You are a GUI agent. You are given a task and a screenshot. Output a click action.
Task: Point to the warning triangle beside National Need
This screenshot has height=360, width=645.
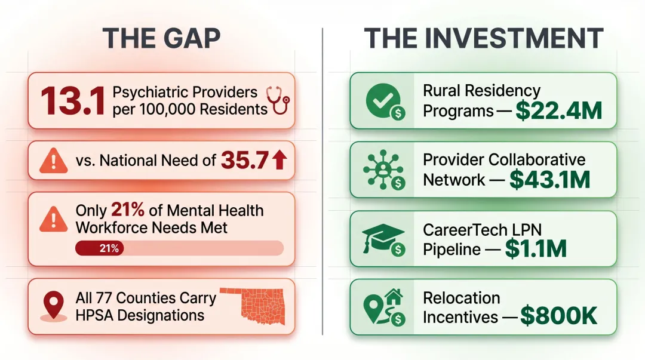[54, 161]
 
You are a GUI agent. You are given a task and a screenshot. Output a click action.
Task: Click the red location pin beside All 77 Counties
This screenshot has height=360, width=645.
[55, 304]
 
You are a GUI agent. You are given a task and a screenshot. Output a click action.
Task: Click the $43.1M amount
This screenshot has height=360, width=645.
[550, 180]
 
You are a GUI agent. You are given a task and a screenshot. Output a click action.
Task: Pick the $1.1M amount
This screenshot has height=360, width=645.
[536, 248]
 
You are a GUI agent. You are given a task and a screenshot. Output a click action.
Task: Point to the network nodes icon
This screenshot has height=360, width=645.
[380, 170]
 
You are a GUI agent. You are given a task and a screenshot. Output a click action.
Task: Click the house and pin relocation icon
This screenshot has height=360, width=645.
[382, 307]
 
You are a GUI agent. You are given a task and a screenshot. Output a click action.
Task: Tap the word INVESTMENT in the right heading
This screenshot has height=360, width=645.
[514, 39]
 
